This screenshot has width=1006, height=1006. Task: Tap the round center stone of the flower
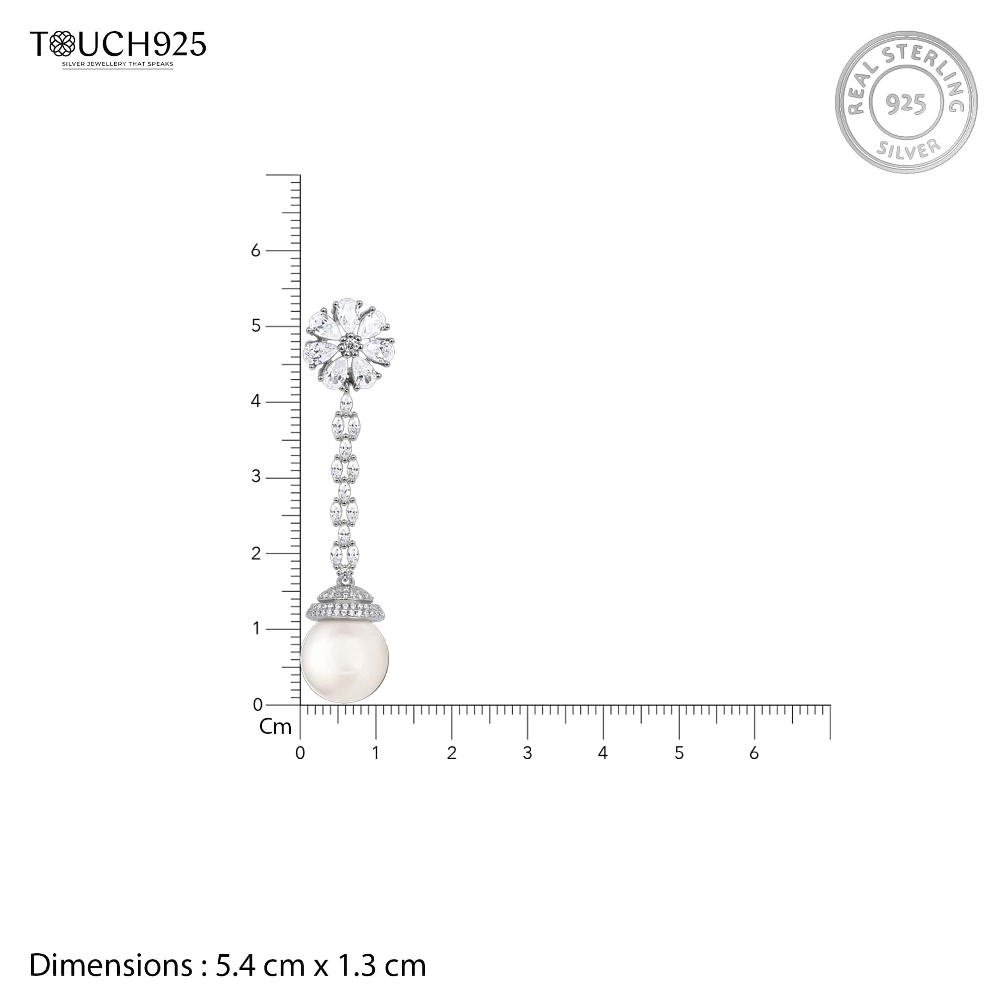click(350, 343)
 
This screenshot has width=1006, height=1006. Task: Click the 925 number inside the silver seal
click(906, 104)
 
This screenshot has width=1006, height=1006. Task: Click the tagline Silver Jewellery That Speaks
click(118, 64)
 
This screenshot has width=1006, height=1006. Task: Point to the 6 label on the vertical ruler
click(255, 251)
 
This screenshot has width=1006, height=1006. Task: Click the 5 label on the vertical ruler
click(255, 326)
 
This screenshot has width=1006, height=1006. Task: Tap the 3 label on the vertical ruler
click(255, 476)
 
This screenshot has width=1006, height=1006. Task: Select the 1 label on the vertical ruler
click(256, 628)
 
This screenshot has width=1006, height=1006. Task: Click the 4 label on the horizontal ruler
click(603, 753)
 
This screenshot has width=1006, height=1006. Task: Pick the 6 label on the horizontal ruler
click(754, 753)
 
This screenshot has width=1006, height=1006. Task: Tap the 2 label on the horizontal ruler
click(452, 753)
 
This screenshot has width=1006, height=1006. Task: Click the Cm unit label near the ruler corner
click(275, 727)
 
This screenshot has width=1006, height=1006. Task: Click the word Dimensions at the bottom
click(110, 965)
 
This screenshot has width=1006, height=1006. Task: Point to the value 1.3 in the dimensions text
click(357, 965)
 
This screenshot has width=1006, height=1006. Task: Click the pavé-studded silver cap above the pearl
click(345, 605)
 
